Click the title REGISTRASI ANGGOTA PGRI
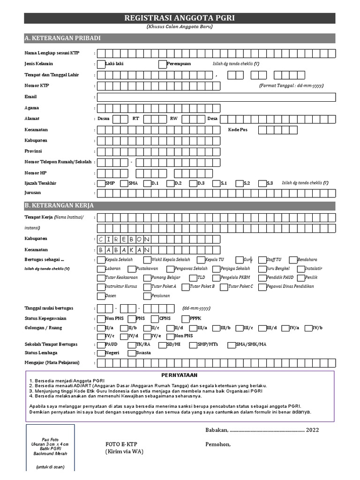click(x=180, y=18)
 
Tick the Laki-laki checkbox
click(x=101, y=64)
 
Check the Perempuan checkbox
click(x=163, y=64)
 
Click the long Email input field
click(x=216, y=97)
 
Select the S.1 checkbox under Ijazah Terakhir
click(x=216, y=183)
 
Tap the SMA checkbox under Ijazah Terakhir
click(x=124, y=183)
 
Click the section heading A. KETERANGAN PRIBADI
click(x=63, y=38)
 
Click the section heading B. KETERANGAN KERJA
click(x=59, y=205)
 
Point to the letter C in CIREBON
click(x=102, y=239)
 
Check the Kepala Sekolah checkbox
click(x=101, y=260)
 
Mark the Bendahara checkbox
click(x=293, y=260)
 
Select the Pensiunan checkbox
click(x=147, y=296)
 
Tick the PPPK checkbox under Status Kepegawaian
click(x=185, y=318)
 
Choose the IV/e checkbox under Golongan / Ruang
click(x=147, y=336)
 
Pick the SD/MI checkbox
click(x=162, y=345)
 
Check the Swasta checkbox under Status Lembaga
click(x=132, y=353)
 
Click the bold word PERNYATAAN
click(x=180, y=375)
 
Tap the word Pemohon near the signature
click(x=218, y=444)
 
